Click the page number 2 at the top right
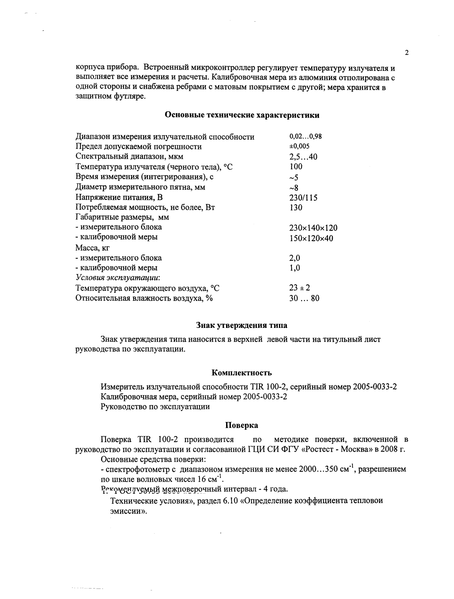pos(407,53)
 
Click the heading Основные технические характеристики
pos(242,115)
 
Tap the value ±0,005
pos(300,146)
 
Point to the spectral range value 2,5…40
pos(303,156)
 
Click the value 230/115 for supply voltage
pos(303,198)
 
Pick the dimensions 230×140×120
pos(313,228)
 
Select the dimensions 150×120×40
pos(311,238)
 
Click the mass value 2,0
pos(295,258)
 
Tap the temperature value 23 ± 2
pos(300,288)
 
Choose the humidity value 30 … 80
pos(304,298)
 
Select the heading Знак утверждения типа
pos(242,325)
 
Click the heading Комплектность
pos(242,373)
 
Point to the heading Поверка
pos(242,425)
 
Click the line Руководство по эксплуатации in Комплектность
pos(155,407)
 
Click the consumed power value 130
pos(296,208)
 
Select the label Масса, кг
pos(92,248)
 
